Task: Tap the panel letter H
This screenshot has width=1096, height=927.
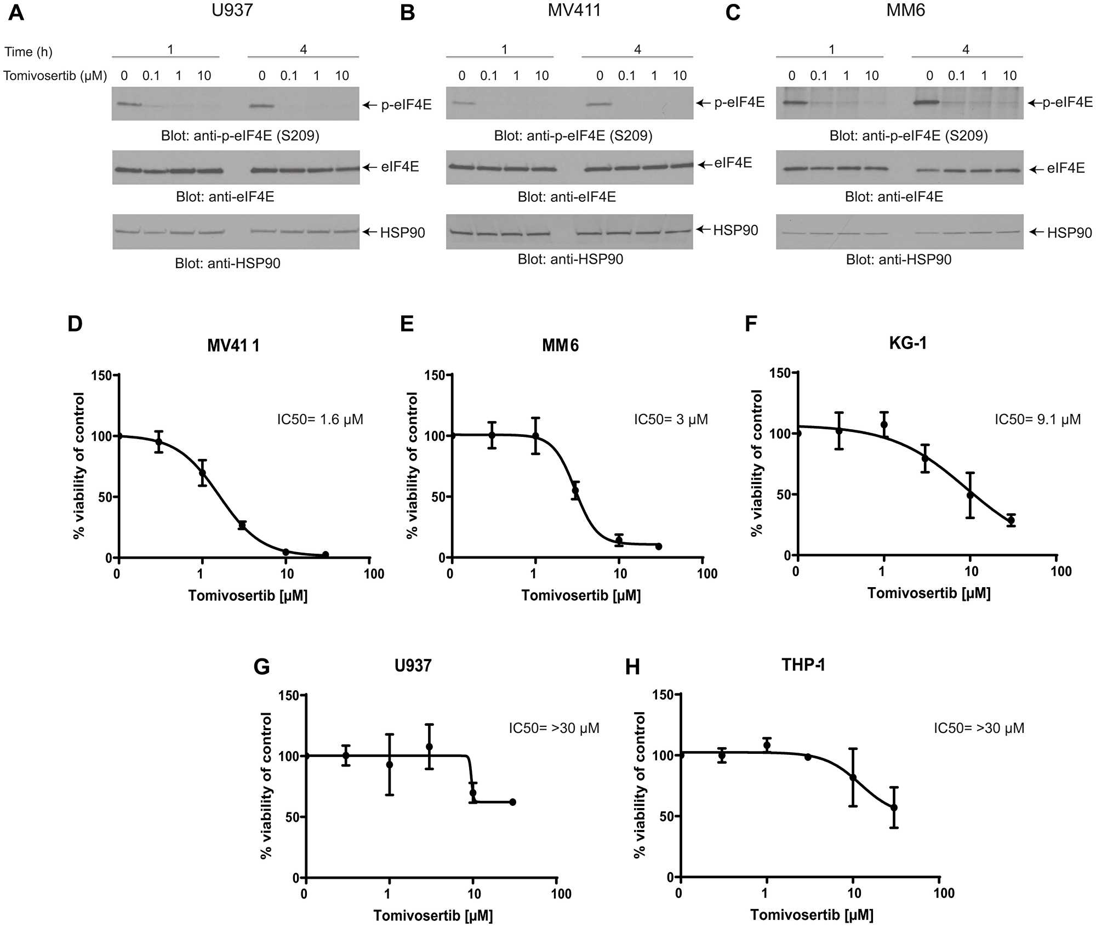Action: [x=632, y=667]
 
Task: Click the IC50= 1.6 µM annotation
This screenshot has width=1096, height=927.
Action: [x=320, y=419]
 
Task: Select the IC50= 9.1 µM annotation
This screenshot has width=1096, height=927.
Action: [x=1037, y=419]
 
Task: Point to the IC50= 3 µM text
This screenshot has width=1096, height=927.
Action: [x=671, y=419]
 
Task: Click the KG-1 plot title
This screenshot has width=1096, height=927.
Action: [x=907, y=343]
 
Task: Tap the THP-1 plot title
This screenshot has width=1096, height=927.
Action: [x=803, y=664]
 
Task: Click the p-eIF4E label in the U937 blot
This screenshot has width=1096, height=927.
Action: [x=406, y=105]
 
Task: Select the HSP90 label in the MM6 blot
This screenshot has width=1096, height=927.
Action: [x=1069, y=233]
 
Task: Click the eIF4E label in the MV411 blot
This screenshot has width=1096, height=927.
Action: [x=733, y=163]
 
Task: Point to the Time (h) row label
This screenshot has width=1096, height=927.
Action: [x=28, y=52]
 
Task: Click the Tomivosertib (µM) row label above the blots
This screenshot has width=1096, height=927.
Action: [x=55, y=76]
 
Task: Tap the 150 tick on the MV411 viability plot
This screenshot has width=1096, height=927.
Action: [x=105, y=375]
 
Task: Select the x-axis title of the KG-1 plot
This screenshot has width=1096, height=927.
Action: [x=929, y=593]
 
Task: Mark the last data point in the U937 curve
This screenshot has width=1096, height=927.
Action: [x=513, y=802]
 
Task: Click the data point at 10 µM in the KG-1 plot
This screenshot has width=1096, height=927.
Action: [x=970, y=494]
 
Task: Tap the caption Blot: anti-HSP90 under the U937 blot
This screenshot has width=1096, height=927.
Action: [x=227, y=264]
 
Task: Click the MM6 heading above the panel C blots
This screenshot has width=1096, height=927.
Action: [x=905, y=10]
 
